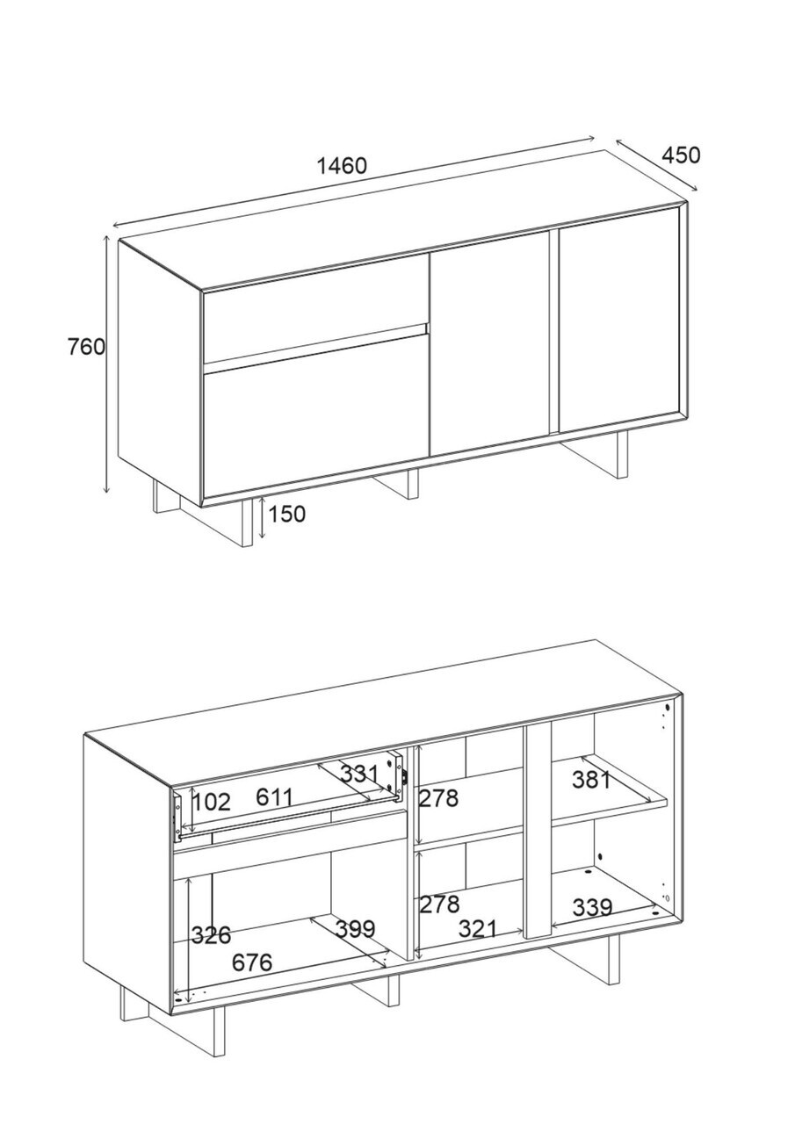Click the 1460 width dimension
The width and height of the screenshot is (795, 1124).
pos(342,165)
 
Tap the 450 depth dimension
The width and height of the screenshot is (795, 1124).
pos(681,155)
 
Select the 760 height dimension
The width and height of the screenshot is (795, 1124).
pos(86,347)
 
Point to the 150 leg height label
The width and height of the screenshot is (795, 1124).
pos(286,514)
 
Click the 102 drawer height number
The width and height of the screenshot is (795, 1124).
pos(211,802)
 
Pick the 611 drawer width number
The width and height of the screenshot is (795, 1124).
pos(273,796)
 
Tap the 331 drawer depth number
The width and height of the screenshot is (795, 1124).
pos(359,774)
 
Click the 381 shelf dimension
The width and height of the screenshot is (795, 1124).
pos(591,779)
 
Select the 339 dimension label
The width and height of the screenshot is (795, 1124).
pos(592,907)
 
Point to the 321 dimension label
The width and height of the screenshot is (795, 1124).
pos(478,929)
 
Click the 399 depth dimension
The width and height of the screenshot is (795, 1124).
pos(355,929)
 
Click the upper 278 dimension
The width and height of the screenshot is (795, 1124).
pos(438,798)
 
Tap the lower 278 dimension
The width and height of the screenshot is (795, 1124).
pos(439,904)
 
